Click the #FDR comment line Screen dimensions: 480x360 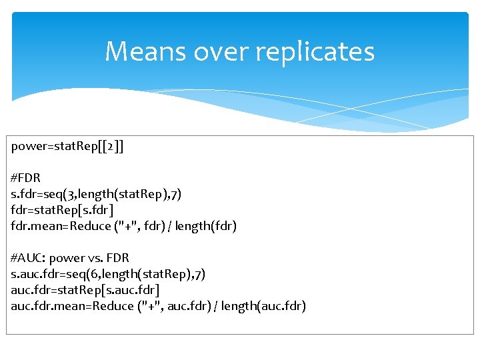(26, 178)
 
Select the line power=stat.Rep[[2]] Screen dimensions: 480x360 (67, 146)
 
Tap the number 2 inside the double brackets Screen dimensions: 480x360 (110, 146)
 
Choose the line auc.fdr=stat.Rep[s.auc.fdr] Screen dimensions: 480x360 (85, 290)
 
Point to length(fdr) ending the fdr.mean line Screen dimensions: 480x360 (206, 226)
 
